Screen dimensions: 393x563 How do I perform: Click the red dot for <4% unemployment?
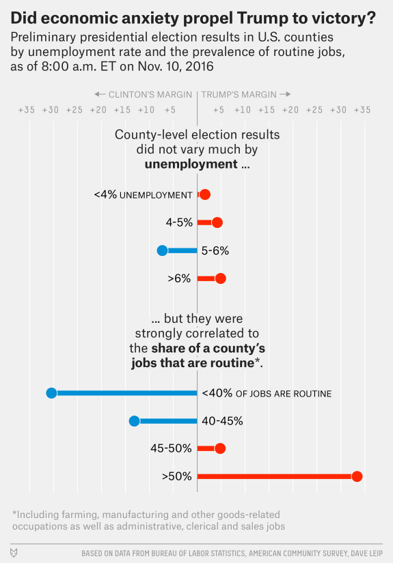[205, 194]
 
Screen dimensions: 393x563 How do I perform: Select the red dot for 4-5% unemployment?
[217, 222]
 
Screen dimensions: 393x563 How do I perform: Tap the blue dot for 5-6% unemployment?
[163, 250]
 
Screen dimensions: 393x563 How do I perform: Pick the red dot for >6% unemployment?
[220, 278]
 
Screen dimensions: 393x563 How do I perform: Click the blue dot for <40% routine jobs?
[52, 393]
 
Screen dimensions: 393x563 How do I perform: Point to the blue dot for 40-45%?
[135, 421]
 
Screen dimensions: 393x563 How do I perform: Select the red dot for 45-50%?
[220, 448]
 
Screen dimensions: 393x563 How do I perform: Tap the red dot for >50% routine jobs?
[357, 476]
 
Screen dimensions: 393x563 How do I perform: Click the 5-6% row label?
[215, 250]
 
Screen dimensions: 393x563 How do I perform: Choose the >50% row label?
[177, 476]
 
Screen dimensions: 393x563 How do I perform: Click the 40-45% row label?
[222, 421]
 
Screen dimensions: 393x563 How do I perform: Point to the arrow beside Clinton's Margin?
[100, 94]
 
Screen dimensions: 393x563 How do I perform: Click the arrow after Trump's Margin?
[285, 94]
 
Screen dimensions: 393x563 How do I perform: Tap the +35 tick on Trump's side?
[362, 110]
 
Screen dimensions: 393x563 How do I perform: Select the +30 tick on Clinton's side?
[51, 110]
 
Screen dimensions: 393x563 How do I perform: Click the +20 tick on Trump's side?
[290, 110]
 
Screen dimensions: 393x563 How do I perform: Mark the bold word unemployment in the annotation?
[191, 164]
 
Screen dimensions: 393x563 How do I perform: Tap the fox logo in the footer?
[14, 553]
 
